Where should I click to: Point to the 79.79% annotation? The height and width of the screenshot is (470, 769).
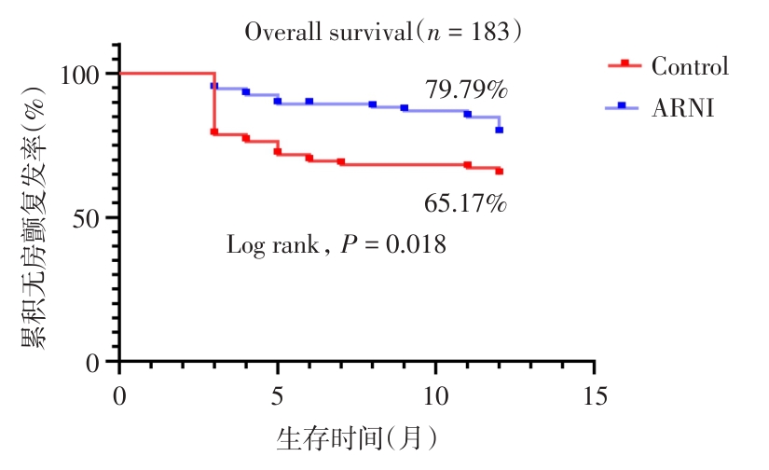coord(466,90)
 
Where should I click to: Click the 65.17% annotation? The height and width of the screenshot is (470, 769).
coord(466,202)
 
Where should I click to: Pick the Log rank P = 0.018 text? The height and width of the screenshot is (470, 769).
coord(336,245)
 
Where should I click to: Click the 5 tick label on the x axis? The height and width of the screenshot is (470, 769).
coord(278,394)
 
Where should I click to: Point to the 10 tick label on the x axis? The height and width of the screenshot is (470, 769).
coord(435,394)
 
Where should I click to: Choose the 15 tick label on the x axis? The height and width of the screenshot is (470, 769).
coord(594,394)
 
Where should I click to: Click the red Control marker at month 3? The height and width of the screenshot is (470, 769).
coord(214,132)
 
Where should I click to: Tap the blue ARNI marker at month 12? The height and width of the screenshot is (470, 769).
coord(499,130)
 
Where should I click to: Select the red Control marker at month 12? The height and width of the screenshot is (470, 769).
coord(499,172)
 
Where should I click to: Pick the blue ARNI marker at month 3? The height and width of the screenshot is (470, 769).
coord(214,86)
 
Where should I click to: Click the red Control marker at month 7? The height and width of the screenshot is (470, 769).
coord(341,162)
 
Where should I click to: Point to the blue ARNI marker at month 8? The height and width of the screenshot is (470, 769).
coord(372,104)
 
